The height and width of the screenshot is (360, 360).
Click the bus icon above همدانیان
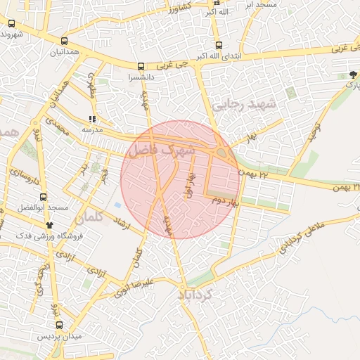click(x=65, y=41)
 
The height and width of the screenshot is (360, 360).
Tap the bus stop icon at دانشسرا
click(x=141, y=67)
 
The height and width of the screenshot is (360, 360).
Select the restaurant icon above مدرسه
click(x=92, y=119)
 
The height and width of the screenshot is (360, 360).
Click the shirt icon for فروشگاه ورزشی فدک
click(x=49, y=224)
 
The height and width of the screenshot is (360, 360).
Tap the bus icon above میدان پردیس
click(x=58, y=326)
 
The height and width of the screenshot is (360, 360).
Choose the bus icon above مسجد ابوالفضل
click(x=44, y=198)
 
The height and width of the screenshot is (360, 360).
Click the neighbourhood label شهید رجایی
click(x=245, y=105)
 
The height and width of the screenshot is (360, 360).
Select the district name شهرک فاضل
click(x=161, y=150)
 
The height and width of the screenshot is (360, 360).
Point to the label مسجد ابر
click(x=261, y=4)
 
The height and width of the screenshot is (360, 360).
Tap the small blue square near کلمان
click(x=117, y=205)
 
